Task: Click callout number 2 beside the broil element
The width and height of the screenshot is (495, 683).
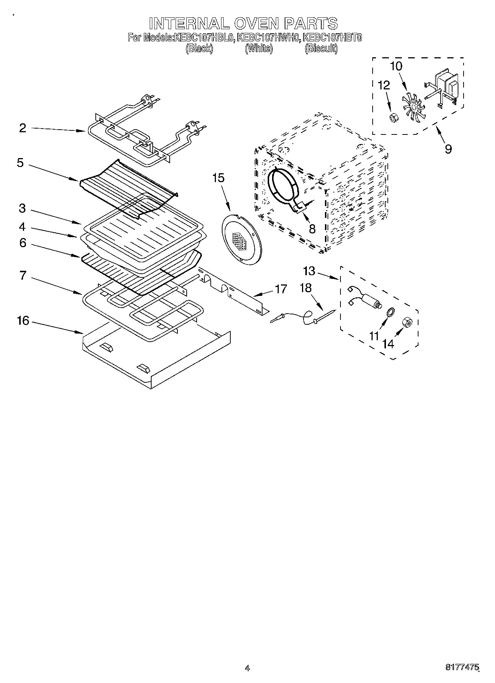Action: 23,128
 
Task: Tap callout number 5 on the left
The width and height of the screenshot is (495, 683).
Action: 20,163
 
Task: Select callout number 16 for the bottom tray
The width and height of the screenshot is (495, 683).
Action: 23,321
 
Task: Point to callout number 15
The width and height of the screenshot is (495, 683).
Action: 218,178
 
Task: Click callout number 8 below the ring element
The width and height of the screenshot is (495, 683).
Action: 312,229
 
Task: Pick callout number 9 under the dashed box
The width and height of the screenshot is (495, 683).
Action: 448,149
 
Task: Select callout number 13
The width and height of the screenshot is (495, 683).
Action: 309,271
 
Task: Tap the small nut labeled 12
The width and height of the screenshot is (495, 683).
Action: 393,118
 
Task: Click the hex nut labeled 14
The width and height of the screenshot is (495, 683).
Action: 407,322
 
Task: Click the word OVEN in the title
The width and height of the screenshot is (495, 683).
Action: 255,23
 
